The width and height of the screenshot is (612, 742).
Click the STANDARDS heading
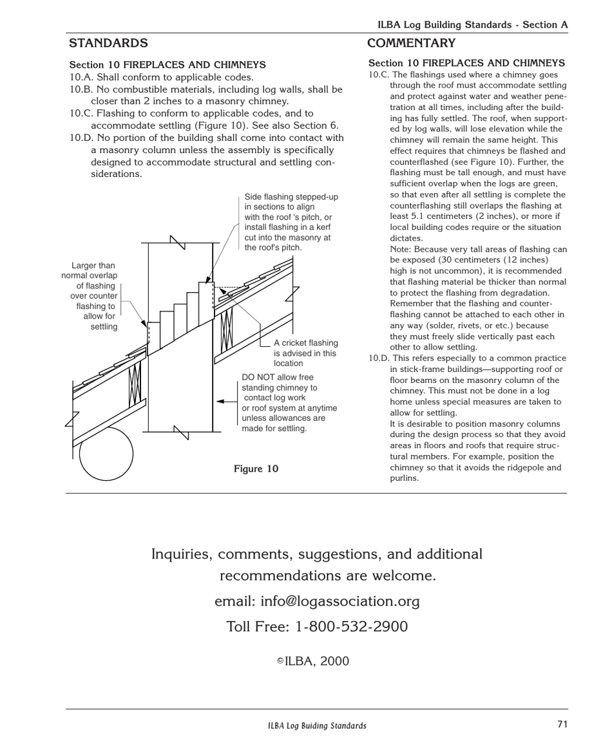point(108,43)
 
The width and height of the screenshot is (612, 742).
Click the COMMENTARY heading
point(411,43)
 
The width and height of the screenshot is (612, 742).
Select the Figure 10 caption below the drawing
point(256,468)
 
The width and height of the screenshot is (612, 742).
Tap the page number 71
point(562,724)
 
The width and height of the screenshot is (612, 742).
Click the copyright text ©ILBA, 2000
point(313,661)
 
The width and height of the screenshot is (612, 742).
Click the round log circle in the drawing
point(106,454)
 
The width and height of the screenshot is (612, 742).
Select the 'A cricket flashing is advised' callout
point(305,353)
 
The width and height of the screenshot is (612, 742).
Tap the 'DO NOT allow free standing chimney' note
point(289,403)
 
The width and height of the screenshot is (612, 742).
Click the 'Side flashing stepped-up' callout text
point(291,222)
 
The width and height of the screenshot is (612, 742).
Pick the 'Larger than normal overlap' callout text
point(91,296)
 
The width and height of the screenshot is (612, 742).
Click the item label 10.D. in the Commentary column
point(379,358)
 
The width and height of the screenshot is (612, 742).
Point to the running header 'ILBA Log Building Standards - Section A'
point(472,25)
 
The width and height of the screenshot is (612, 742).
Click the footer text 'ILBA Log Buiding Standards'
point(317,726)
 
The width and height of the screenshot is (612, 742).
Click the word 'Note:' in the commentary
point(402,249)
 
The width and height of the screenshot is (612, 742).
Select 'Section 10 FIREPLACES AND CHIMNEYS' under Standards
point(167,65)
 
